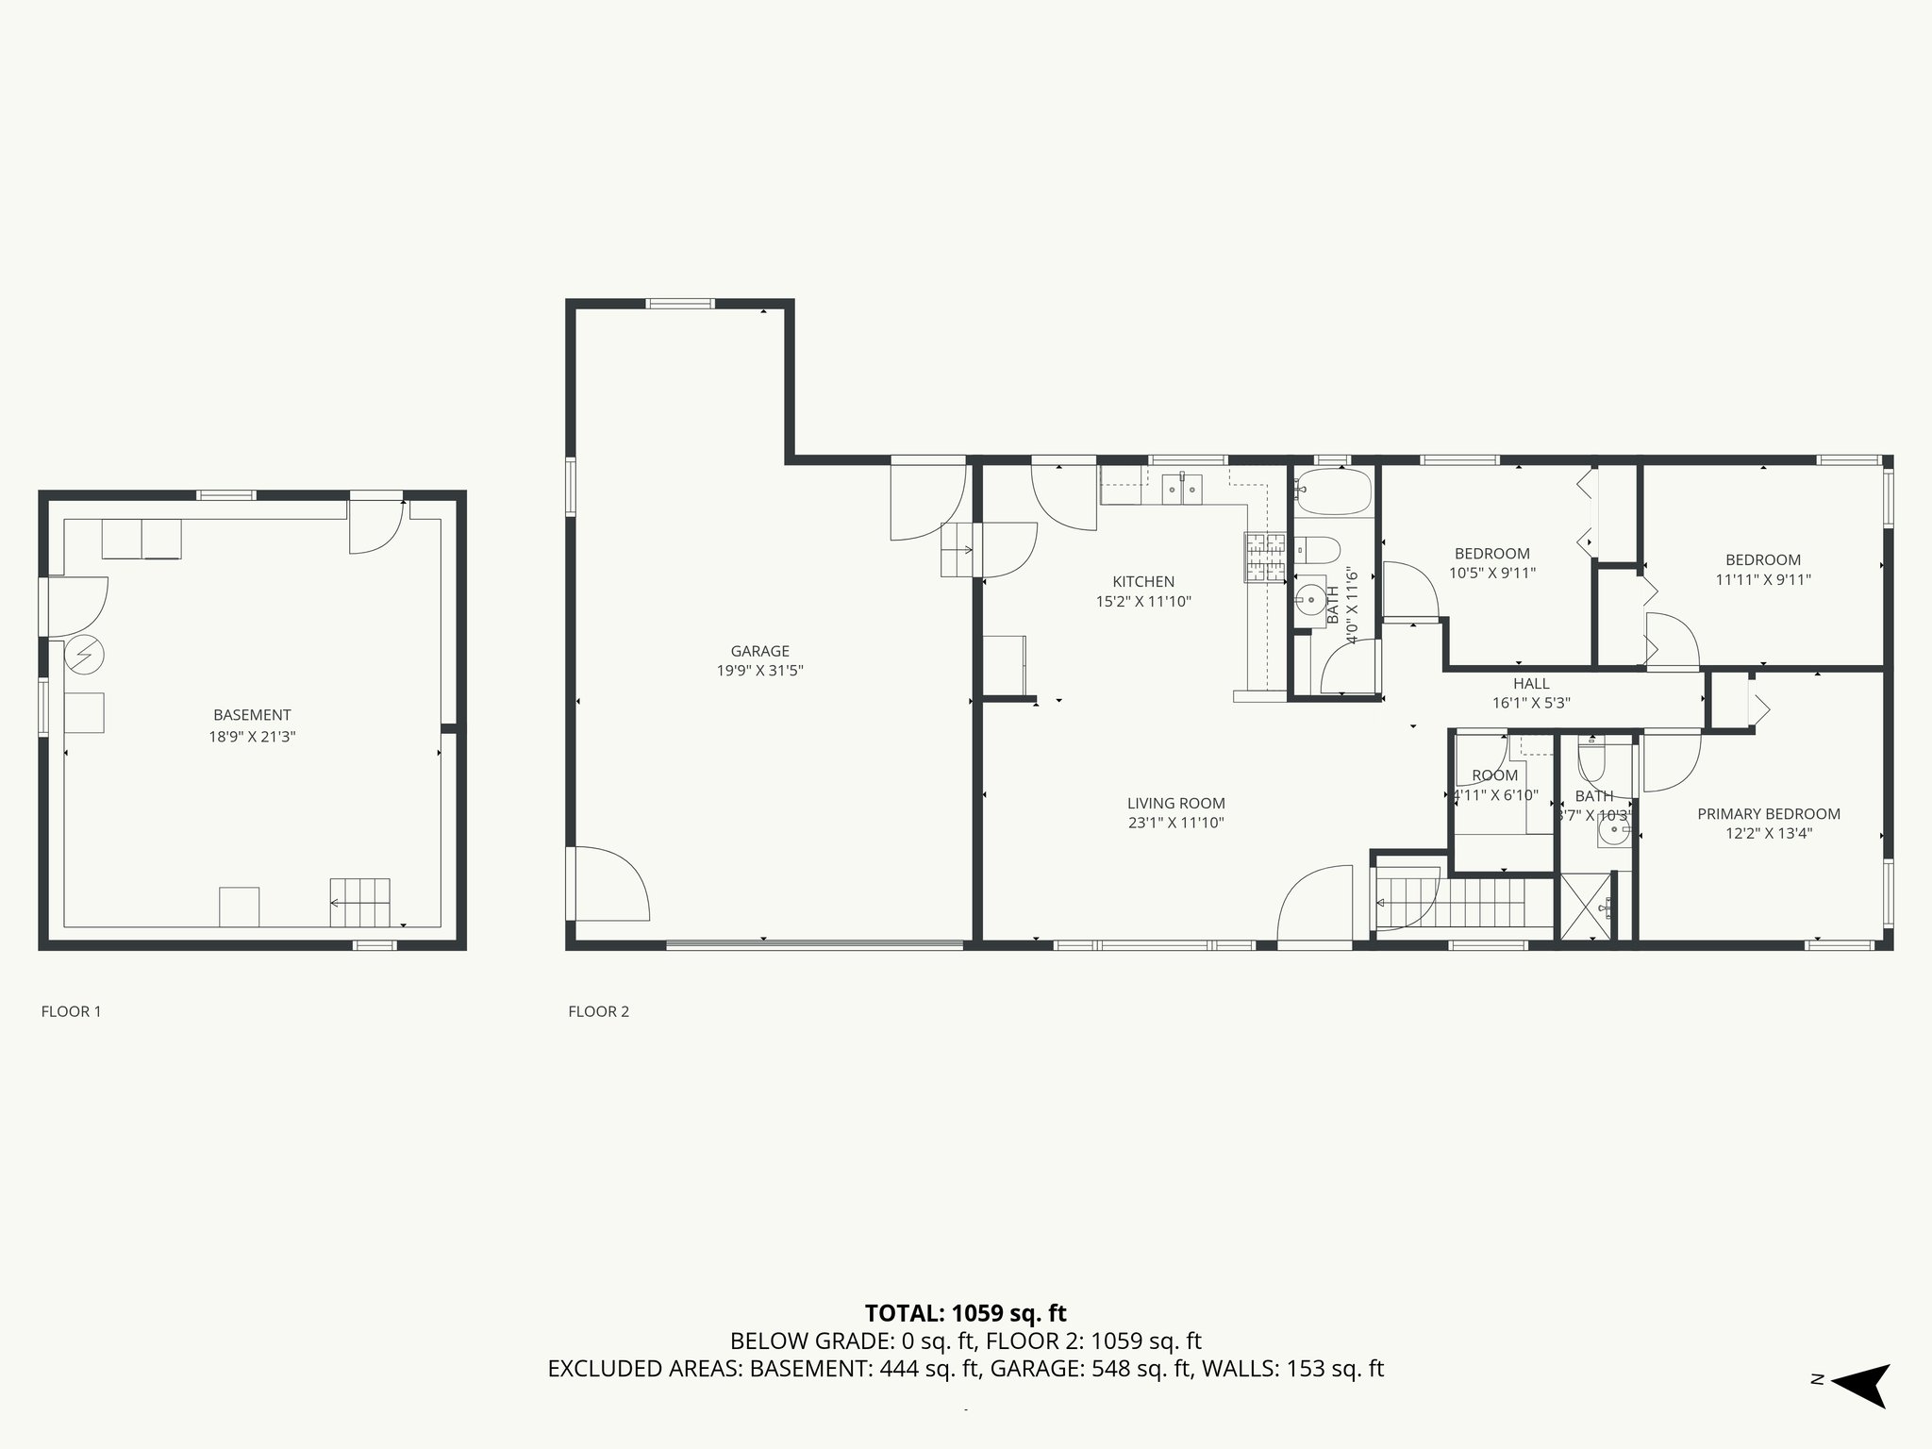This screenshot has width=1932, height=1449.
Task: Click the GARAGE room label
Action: click(x=759, y=651)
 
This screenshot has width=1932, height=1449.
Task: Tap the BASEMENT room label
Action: click(x=252, y=715)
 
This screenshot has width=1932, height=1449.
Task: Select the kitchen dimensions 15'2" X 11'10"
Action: click(x=1143, y=602)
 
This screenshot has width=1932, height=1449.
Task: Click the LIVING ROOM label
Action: click(x=1175, y=804)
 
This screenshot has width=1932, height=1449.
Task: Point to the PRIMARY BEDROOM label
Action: click(x=1768, y=814)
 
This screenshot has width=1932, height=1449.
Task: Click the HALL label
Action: click(x=1531, y=684)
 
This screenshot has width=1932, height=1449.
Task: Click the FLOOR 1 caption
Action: click(x=71, y=1012)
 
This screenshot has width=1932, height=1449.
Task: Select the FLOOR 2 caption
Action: click(x=598, y=1012)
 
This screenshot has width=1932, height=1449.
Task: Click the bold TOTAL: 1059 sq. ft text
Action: click(x=965, y=1313)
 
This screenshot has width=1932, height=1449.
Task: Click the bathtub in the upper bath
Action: click(x=1333, y=491)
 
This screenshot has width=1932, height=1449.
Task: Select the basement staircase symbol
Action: click(x=359, y=903)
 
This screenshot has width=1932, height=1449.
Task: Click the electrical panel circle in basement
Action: click(x=84, y=656)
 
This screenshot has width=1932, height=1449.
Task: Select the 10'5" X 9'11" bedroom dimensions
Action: click(x=1492, y=574)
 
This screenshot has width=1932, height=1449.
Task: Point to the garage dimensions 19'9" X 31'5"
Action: click(x=759, y=672)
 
